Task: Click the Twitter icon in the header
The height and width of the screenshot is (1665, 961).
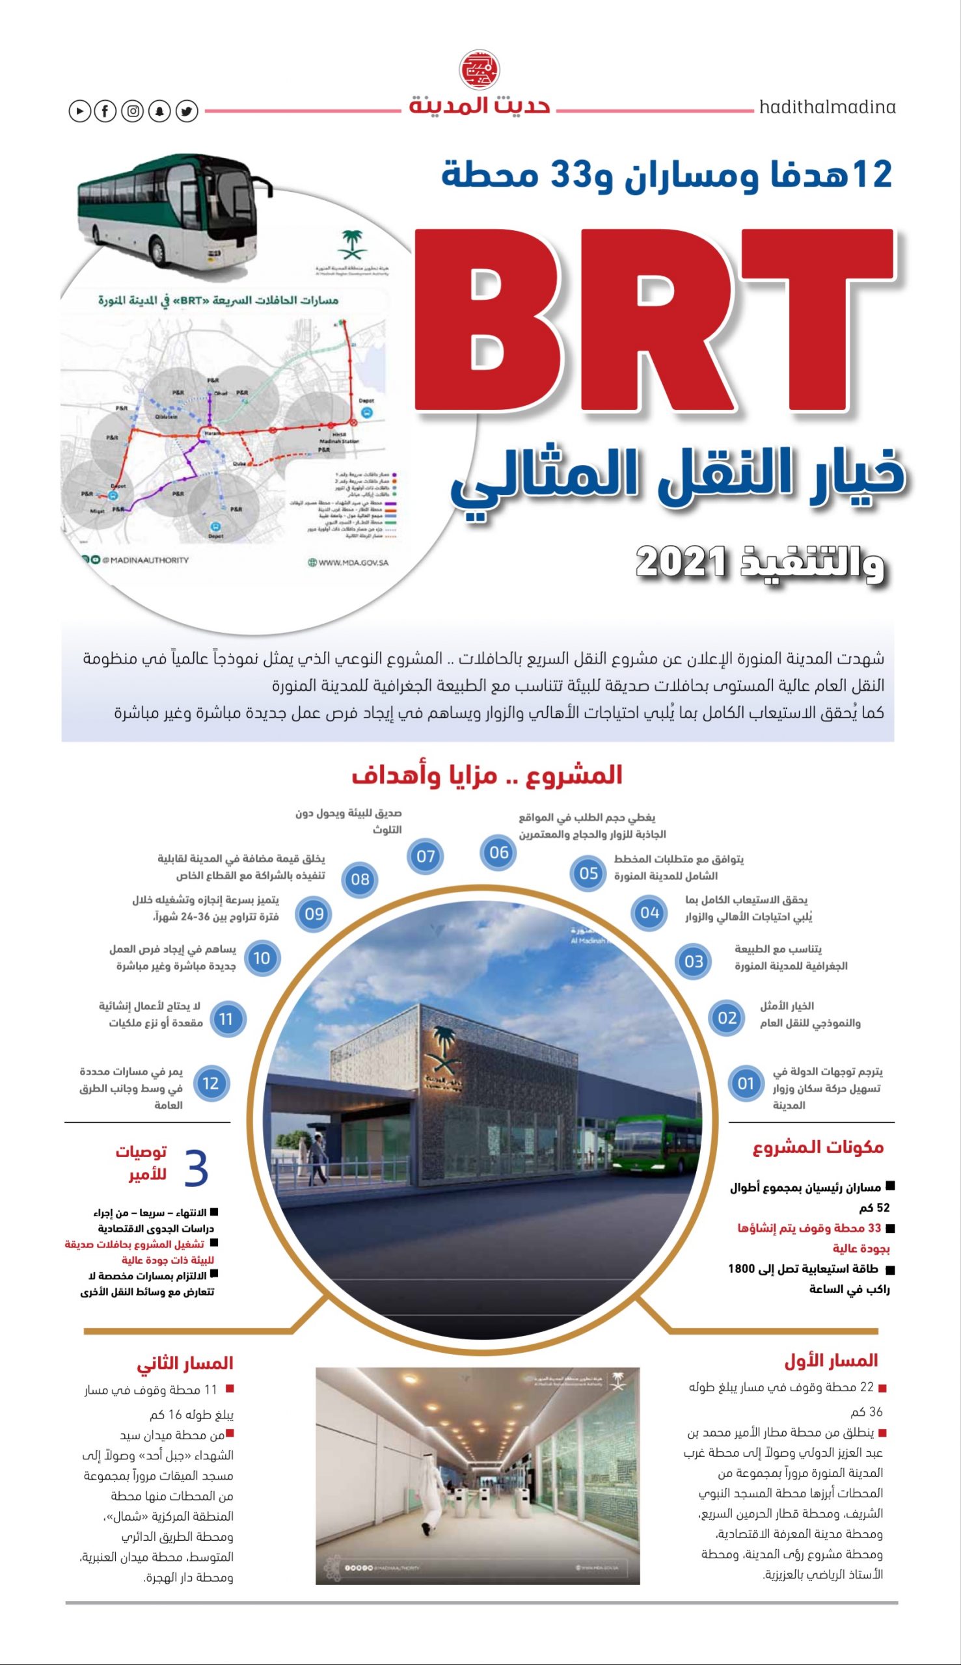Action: click(x=187, y=111)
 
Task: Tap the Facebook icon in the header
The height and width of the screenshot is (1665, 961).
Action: click(x=105, y=111)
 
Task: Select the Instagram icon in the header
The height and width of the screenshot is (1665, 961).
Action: click(x=132, y=111)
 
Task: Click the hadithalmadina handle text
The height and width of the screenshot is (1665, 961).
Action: click(x=827, y=107)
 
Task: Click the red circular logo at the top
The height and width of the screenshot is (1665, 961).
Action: click(x=479, y=68)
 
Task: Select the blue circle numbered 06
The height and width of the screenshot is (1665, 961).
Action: click(x=499, y=852)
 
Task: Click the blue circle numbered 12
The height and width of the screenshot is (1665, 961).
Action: click(x=211, y=1083)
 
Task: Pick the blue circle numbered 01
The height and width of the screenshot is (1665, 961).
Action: click(x=746, y=1083)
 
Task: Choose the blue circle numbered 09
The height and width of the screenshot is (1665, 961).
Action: click(x=314, y=914)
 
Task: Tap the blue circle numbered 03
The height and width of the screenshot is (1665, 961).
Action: click(x=694, y=961)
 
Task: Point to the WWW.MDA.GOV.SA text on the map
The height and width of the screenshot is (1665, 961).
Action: click(x=348, y=563)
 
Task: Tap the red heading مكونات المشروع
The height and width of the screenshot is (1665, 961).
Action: click(x=818, y=1147)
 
